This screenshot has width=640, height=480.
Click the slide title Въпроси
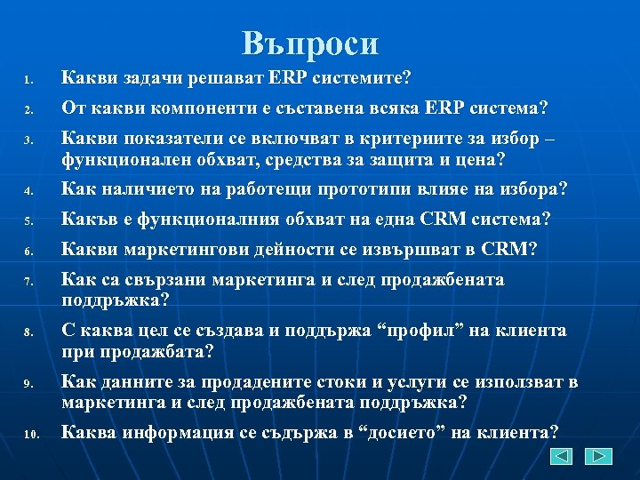click(310, 44)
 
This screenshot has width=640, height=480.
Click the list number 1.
click(28, 83)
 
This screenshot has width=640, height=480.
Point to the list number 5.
click(28, 220)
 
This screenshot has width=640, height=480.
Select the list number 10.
click(31, 435)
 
